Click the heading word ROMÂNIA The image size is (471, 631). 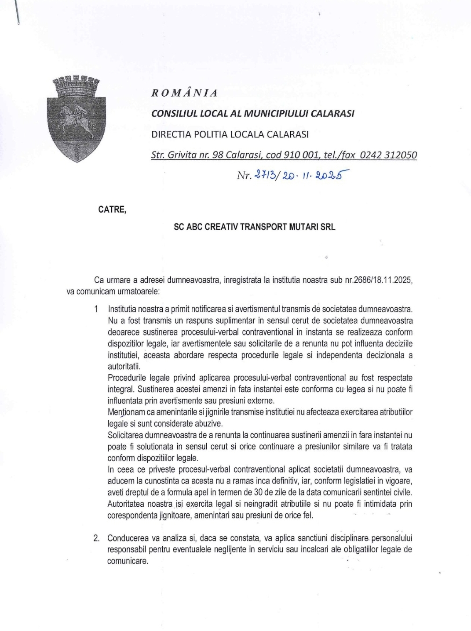pyautogui.click(x=184, y=93)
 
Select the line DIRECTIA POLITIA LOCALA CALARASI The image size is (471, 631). pyautogui.click(x=230, y=134)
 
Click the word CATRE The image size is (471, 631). pyautogui.click(x=112, y=210)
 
